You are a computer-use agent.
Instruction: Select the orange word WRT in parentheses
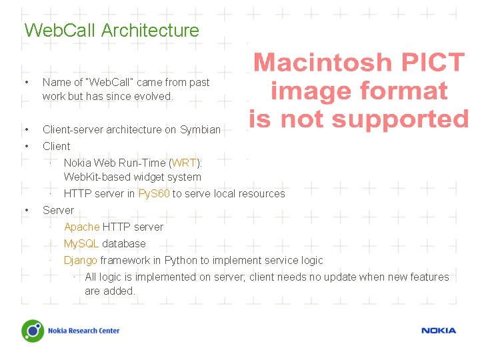(184, 163)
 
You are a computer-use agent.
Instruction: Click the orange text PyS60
(154, 194)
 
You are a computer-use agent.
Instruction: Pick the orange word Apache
(81, 227)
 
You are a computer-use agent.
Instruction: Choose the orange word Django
(81, 260)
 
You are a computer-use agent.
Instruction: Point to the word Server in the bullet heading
(58, 210)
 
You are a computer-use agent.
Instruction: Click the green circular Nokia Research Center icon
(33, 331)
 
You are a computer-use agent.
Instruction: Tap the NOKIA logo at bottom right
(438, 331)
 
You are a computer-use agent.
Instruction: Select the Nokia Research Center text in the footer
(83, 331)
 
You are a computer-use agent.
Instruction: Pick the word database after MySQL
(123, 243)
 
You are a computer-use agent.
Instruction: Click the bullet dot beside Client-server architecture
(25, 129)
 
